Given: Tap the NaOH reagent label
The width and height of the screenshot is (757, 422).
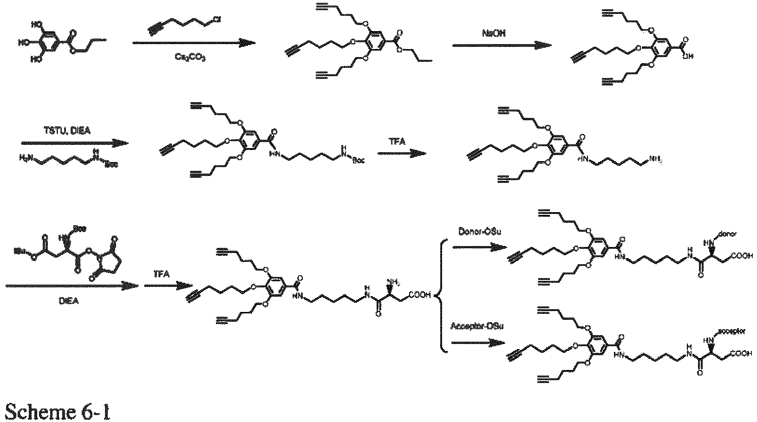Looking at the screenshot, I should (493, 34).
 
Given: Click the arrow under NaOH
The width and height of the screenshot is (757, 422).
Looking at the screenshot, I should (502, 45).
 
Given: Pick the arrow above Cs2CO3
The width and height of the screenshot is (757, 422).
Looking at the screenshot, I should (194, 43).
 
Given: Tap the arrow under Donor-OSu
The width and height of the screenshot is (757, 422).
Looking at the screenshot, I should (478, 247).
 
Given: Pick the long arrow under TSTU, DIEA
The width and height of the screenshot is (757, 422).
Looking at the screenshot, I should (74, 143).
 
